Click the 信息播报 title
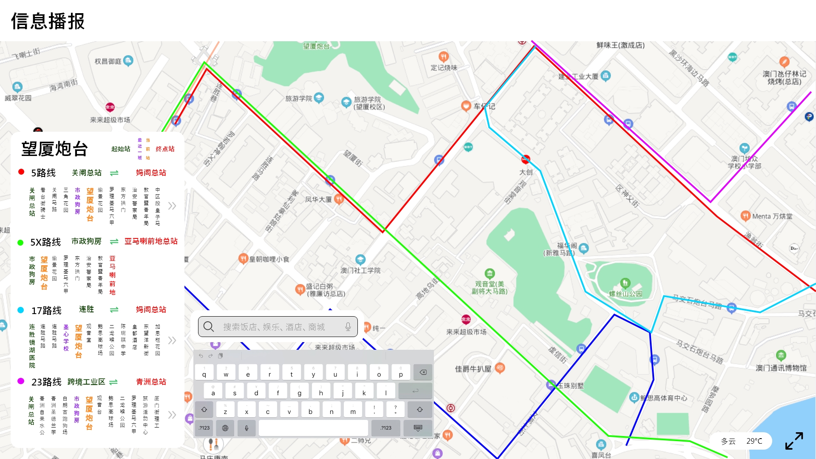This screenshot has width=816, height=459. [48, 21]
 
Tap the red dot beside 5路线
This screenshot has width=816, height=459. [21, 172]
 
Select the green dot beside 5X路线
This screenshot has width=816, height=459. [20, 242]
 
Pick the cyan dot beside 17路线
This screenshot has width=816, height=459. [20, 310]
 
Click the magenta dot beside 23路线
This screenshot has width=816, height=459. [20, 381]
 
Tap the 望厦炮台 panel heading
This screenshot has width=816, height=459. [55, 149]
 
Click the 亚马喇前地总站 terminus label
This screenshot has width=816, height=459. [151, 241]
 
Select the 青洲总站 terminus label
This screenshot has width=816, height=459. [151, 382]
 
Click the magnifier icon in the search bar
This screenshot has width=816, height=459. [209, 326]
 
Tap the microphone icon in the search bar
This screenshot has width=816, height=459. [348, 326]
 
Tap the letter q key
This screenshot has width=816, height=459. [204, 373]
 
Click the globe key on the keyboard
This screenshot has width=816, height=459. [225, 428]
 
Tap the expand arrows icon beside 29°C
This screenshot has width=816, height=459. [794, 441]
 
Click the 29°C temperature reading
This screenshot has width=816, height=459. [754, 441]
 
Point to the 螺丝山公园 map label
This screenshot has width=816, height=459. [625, 294]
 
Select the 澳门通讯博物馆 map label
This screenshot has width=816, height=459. [781, 368]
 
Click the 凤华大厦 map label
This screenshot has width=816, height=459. [318, 199]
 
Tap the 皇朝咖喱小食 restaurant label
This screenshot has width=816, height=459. [269, 259]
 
